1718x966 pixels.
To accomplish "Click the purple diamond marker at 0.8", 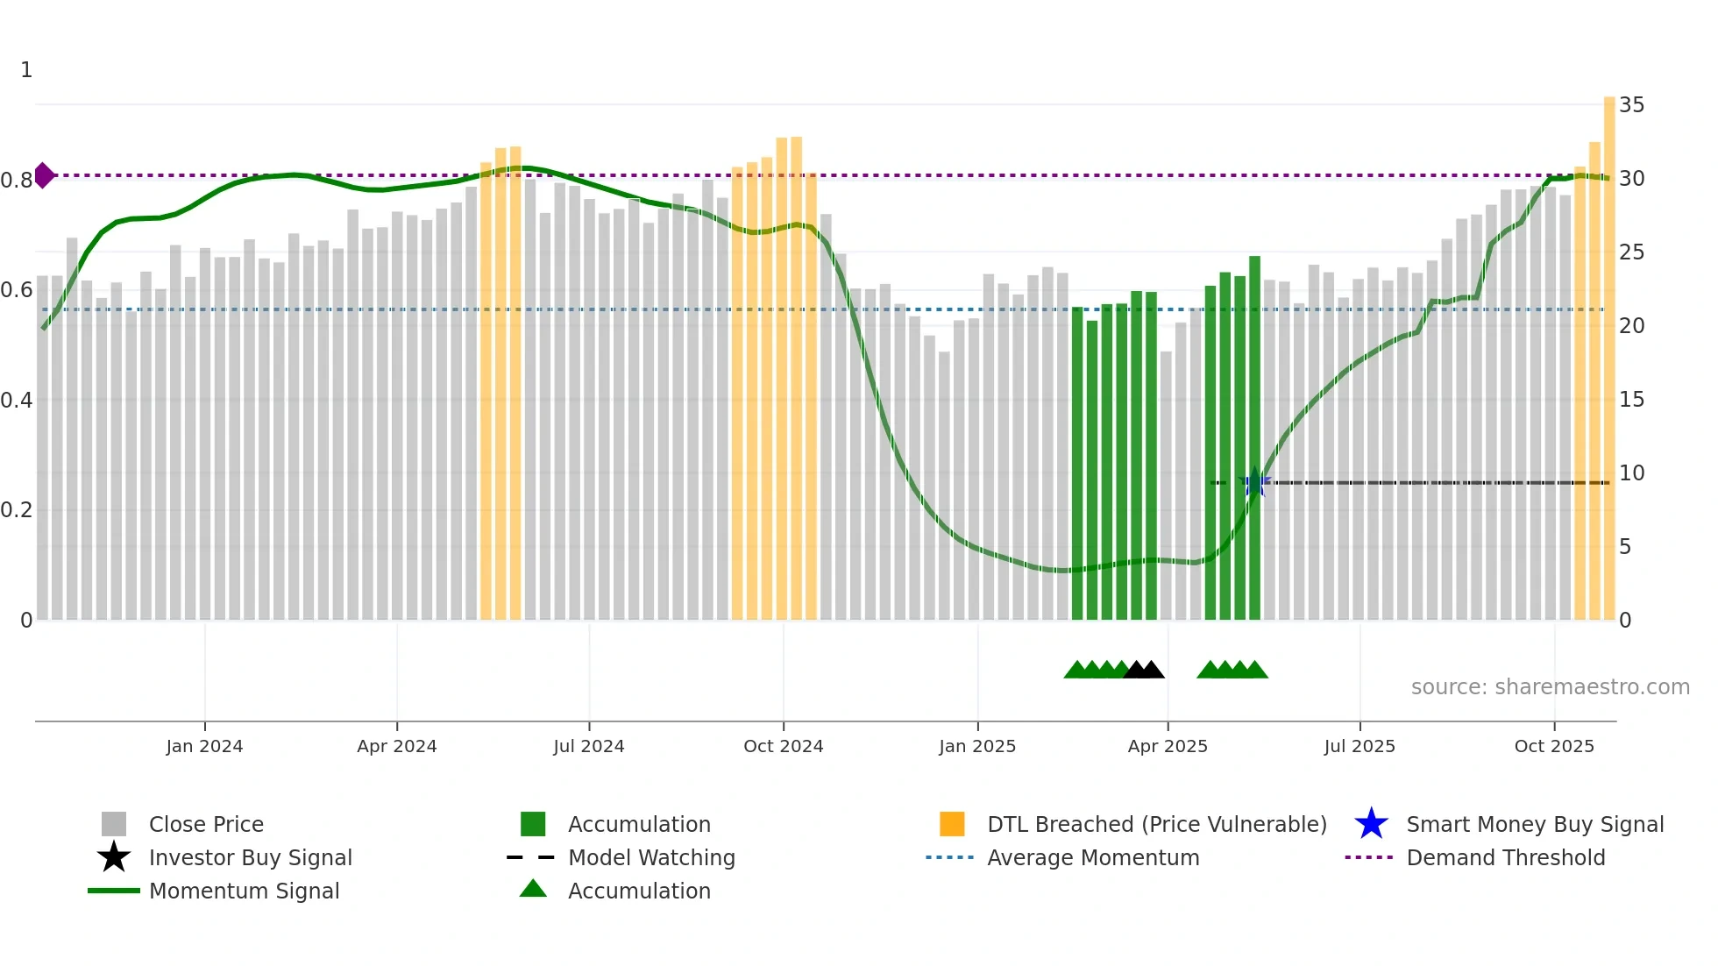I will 44,175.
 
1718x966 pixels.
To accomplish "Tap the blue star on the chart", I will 1255,483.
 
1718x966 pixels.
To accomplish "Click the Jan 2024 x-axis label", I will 204,746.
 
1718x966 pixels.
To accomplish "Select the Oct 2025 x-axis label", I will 1554,746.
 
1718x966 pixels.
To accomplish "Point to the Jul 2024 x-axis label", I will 589,746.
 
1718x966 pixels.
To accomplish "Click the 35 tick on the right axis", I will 1631,105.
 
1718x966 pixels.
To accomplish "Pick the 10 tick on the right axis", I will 1631,473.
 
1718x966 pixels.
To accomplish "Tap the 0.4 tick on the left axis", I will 17,401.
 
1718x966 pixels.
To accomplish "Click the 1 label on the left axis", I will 26,70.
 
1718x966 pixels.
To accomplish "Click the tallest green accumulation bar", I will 1254,438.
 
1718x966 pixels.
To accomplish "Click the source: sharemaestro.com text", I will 1550,687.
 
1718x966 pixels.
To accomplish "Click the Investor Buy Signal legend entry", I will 250,858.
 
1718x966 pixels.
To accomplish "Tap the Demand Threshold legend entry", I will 1505,858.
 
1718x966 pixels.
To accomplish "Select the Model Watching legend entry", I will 651,858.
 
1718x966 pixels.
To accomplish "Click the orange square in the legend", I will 952,825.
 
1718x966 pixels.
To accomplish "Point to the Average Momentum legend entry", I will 1092,858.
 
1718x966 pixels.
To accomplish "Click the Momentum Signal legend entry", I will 244,891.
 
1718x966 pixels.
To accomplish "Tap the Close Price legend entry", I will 206,825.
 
